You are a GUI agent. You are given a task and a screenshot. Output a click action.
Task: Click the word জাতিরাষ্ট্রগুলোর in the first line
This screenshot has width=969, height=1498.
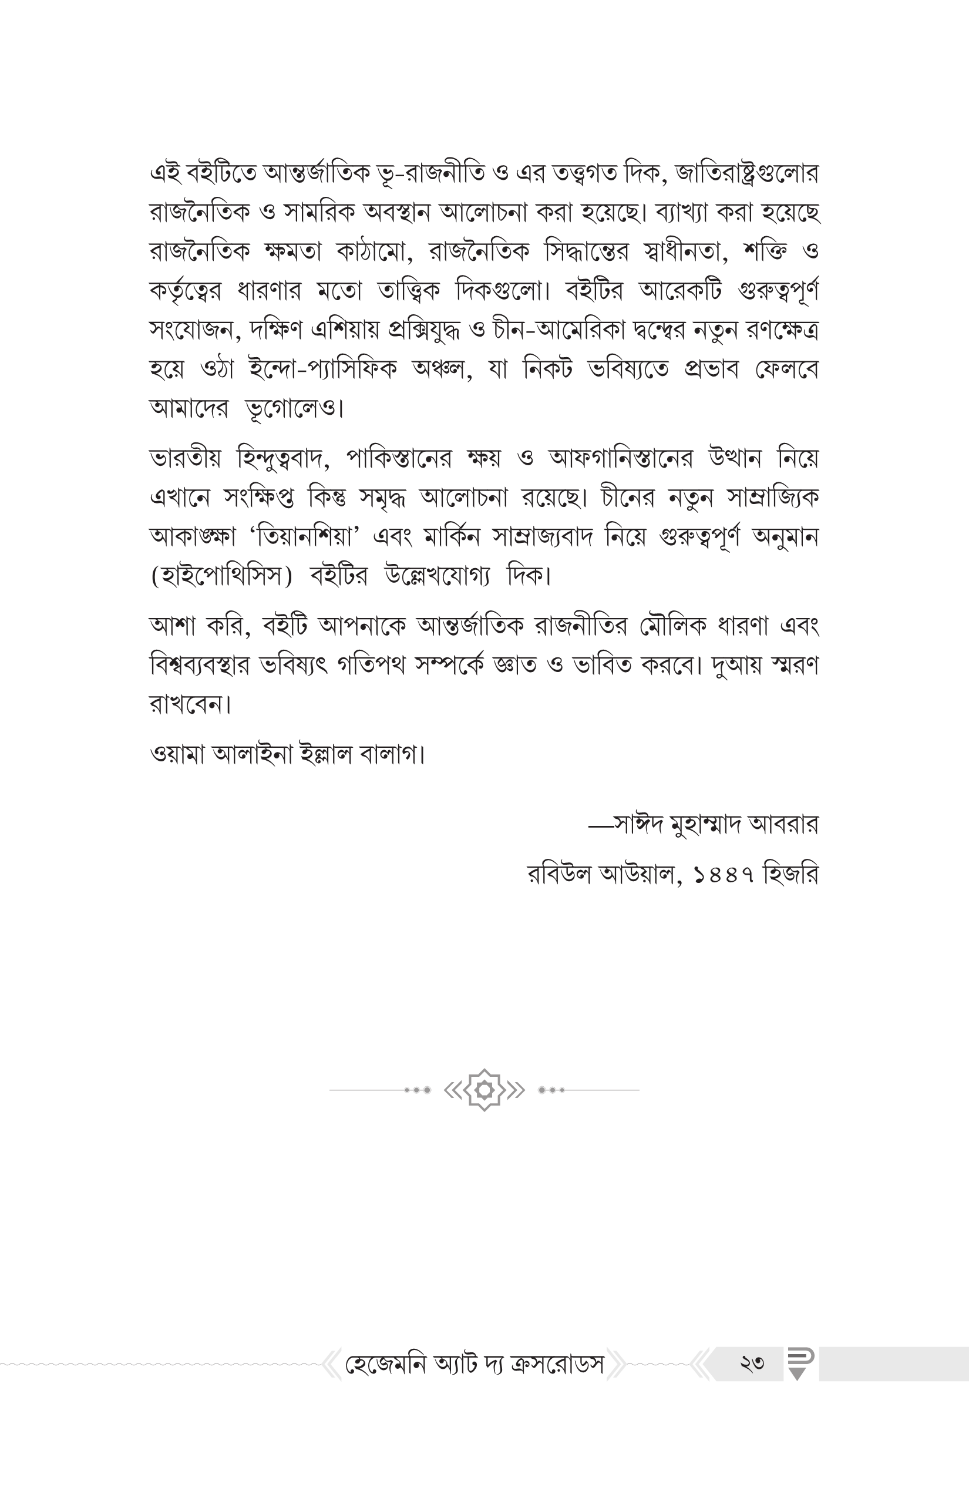(746, 173)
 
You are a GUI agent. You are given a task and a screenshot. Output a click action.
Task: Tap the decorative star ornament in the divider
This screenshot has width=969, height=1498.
(484, 1090)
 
